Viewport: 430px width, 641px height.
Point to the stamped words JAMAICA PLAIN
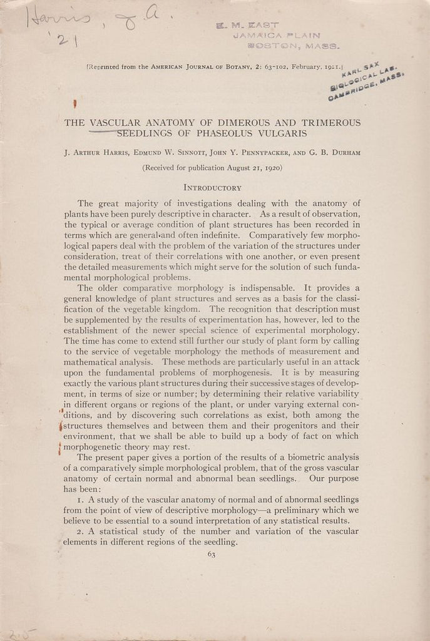(276, 36)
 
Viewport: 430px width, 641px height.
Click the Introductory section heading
(213, 187)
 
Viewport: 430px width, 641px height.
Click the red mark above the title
(74, 104)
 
